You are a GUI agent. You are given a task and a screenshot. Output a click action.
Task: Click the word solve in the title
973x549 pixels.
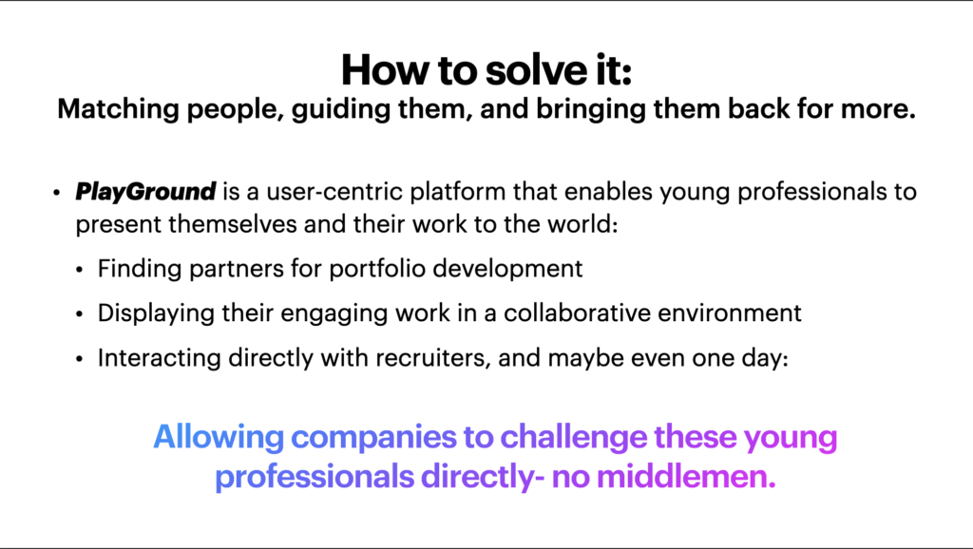coord(533,69)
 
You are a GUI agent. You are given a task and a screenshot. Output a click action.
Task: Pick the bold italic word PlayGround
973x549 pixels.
coord(145,192)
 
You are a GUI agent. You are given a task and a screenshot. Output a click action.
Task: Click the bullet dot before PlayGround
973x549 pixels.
coord(56,193)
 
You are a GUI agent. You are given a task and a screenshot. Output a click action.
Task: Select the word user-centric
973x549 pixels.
coord(334,192)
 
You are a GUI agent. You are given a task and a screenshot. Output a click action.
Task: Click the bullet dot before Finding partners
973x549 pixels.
coord(79,270)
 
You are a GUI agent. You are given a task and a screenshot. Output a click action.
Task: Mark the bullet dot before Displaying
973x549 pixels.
coord(79,314)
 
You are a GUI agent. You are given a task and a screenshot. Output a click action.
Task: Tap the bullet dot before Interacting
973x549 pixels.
coord(79,359)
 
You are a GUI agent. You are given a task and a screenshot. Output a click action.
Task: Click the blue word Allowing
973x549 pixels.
coord(219,437)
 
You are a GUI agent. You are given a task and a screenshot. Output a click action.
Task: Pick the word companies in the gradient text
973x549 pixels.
coord(373,438)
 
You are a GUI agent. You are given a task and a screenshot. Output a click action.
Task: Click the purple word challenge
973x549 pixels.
coord(573,438)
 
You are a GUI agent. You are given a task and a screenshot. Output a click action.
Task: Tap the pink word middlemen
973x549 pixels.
coord(686,477)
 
